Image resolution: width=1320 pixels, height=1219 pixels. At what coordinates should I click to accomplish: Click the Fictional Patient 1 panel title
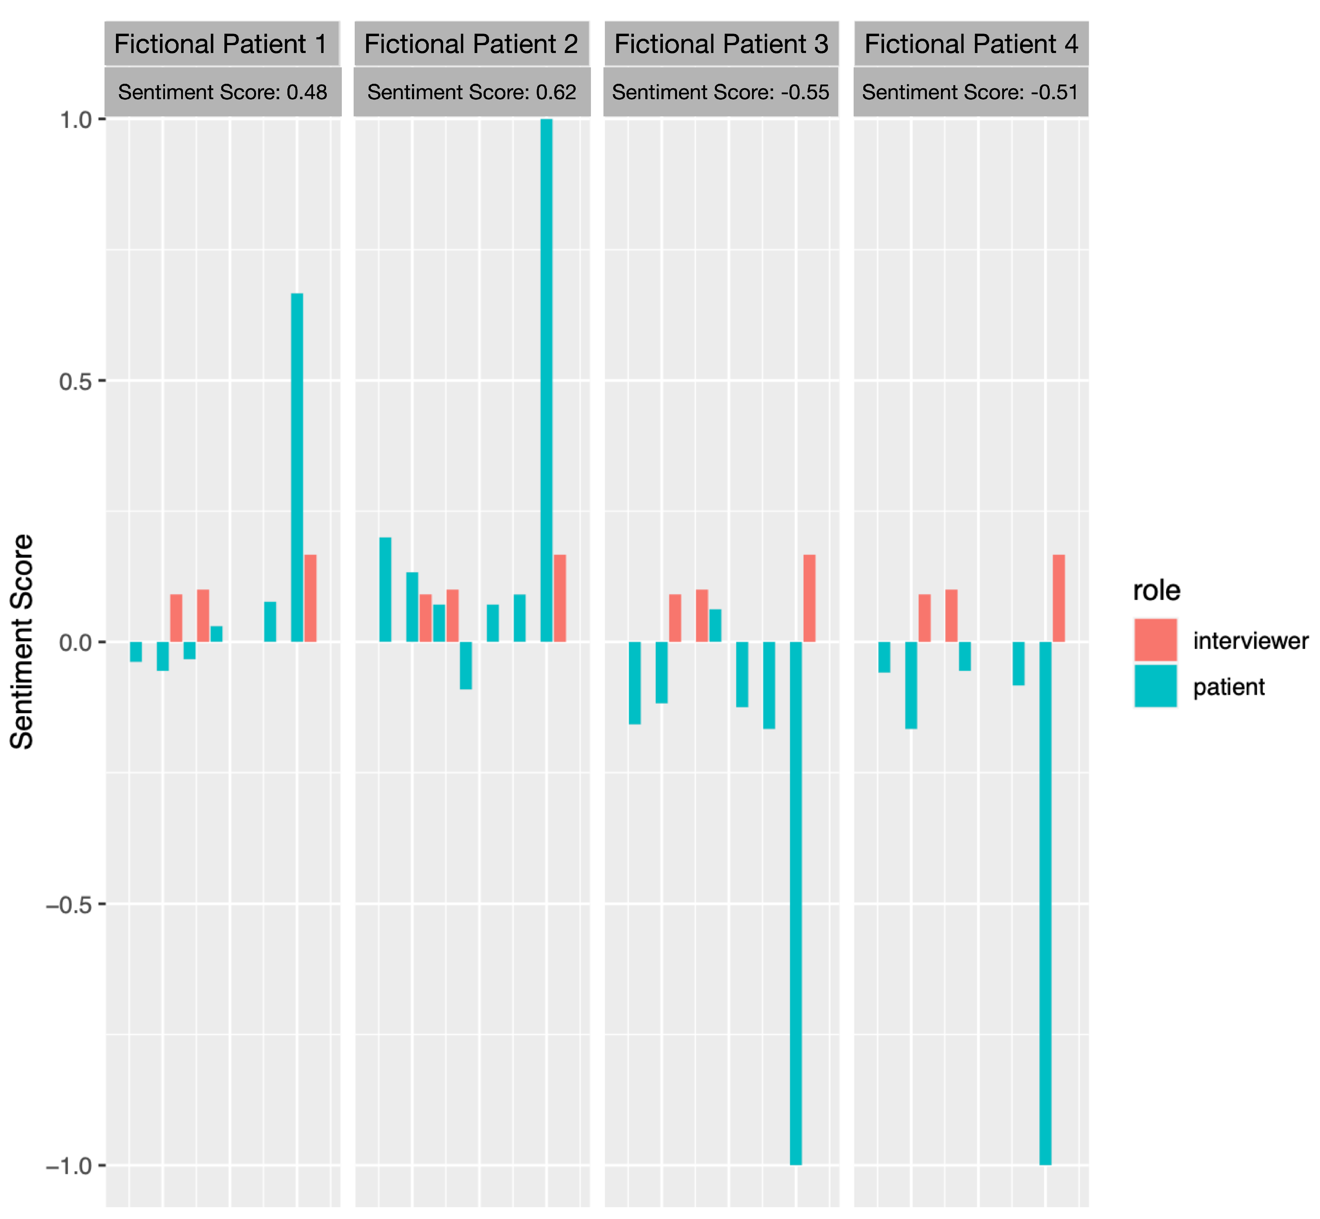[221, 44]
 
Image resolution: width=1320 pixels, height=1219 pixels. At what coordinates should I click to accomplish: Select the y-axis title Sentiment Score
[22, 641]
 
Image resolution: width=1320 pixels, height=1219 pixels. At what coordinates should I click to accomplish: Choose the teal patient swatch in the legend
[1155, 686]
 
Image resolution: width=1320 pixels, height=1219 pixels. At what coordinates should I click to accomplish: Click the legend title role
[1156, 591]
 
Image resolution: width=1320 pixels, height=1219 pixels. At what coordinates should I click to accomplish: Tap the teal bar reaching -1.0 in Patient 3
[795, 904]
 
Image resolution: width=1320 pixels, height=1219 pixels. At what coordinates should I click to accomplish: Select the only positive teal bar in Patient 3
[715, 625]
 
